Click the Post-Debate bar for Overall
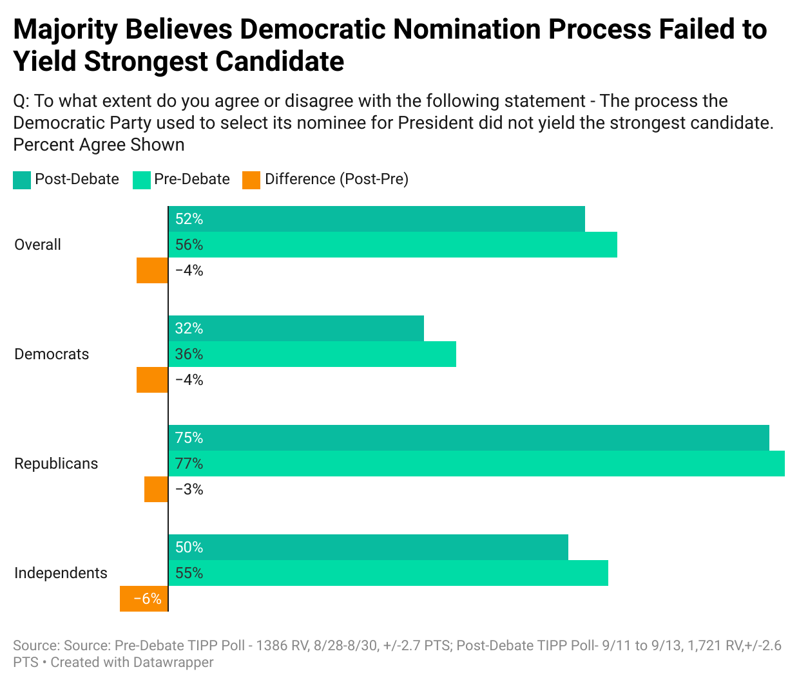coord(376,219)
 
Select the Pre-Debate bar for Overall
coord(392,245)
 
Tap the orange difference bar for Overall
coord(152,270)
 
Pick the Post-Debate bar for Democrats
coord(296,328)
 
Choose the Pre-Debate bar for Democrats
coord(312,354)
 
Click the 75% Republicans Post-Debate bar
coord(468,438)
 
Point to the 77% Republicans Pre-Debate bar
coord(476,464)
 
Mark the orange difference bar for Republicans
coord(156,489)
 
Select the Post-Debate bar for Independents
coord(368,547)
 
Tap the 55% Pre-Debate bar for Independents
coord(388,573)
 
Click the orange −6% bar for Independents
coord(144,599)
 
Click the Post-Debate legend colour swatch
coord(22,180)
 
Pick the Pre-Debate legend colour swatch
coord(141,180)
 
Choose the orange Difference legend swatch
coord(251,180)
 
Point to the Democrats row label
coord(52,354)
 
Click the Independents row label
coord(61,573)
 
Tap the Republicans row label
coord(56,464)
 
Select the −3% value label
coord(189,489)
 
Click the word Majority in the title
coord(66,30)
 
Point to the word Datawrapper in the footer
coord(173,662)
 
